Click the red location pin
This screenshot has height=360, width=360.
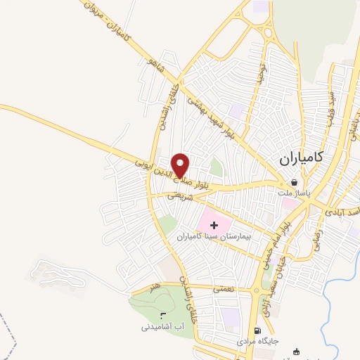tap(181, 165)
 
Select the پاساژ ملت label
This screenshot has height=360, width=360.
tap(293, 192)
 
